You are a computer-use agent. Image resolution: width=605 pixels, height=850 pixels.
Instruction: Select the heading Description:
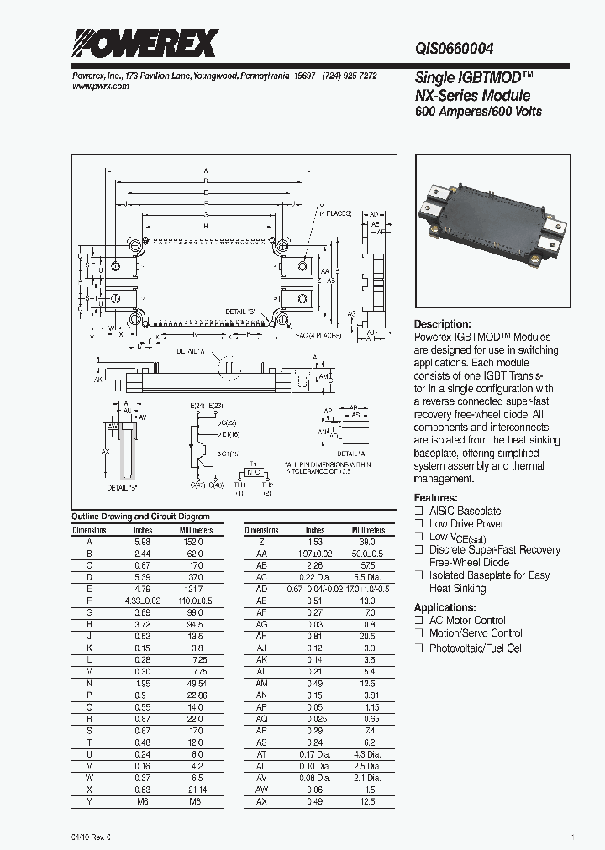pyautogui.click(x=443, y=324)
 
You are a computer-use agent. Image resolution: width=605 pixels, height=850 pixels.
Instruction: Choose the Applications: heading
pyautogui.click(x=445, y=607)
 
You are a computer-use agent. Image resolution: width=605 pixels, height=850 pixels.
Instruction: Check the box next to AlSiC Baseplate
pyautogui.click(x=419, y=511)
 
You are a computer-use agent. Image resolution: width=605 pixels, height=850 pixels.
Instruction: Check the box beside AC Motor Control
pyautogui.click(x=419, y=621)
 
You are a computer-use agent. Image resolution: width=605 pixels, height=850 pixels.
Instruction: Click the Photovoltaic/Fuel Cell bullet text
pyautogui.click(x=476, y=648)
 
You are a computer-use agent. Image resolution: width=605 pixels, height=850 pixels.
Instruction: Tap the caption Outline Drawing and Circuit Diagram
pyautogui.click(x=140, y=517)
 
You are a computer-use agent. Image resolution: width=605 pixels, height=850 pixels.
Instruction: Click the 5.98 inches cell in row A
pyautogui.click(x=143, y=542)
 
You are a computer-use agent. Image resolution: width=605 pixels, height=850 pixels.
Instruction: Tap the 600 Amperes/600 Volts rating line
pyautogui.click(x=478, y=112)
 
